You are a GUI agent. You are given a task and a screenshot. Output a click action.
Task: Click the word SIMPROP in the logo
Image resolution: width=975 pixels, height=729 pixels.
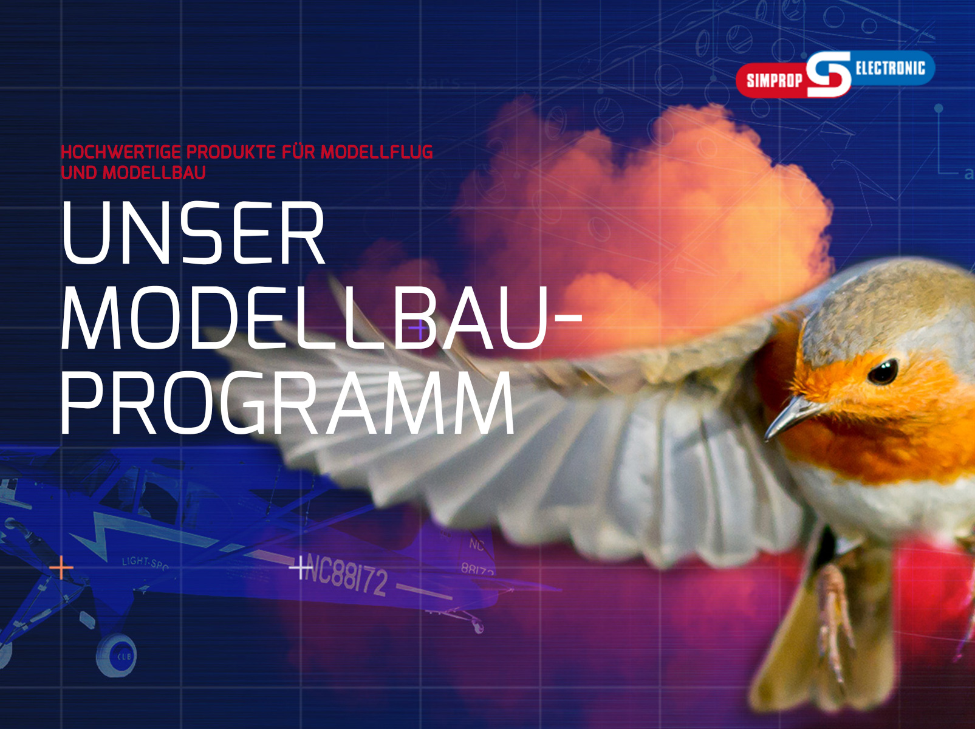coord(773,80)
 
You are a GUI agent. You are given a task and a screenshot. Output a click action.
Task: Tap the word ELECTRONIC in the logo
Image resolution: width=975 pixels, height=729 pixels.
coord(890,68)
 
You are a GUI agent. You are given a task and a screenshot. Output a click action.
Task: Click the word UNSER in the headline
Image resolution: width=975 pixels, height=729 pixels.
coord(193,234)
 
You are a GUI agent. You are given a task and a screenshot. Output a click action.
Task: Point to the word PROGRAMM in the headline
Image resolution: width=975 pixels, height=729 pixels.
coord(288,403)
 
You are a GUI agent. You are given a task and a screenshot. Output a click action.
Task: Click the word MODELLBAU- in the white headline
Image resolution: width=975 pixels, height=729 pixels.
coord(321,318)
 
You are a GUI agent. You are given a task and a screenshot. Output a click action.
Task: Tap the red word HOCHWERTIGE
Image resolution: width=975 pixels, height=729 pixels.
coord(121,152)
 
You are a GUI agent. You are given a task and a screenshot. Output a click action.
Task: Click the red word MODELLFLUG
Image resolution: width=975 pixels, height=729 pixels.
coord(377,152)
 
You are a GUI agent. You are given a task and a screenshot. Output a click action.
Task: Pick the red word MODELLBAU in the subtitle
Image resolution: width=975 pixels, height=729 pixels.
coord(154,173)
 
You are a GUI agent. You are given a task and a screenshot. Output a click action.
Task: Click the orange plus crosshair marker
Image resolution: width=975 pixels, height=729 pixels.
coord(61,569)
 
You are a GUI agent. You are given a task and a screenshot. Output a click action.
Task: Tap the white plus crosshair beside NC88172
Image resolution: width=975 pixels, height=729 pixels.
coord(300,568)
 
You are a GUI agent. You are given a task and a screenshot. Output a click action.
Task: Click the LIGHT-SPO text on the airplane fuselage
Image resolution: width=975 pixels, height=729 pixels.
coord(145,563)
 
